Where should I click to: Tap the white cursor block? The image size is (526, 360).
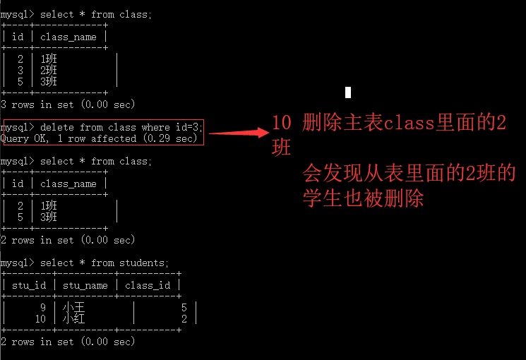pos(348,92)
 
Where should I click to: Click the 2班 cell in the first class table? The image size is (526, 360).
pos(49,71)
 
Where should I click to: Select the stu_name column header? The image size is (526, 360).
pos(85,285)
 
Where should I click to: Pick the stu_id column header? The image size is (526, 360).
pos(29,285)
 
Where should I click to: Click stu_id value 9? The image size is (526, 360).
pos(43,308)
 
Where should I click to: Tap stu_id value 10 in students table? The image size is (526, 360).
pos(40,319)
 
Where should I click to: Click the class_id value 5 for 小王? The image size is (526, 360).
pos(184,308)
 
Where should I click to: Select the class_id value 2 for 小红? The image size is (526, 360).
pos(184,319)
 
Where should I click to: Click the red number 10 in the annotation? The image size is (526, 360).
pos(282,123)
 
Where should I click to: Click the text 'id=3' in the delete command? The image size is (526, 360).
pos(188,127)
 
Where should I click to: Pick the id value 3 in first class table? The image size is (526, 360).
pos(20,71)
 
